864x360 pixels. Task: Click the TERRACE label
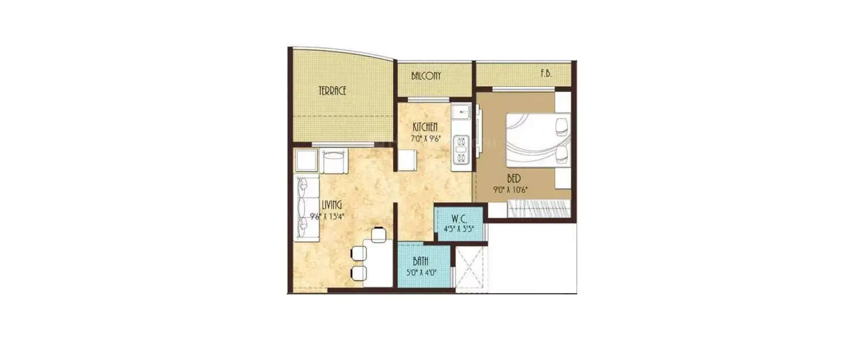333,90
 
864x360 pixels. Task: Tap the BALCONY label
426,76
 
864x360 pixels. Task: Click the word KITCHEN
425,127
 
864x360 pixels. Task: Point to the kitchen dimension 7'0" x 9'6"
425,139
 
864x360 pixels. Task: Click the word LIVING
332,205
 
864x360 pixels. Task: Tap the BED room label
514,179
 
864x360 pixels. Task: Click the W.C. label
459,219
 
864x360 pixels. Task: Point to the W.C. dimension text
459,229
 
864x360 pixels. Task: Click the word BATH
420,261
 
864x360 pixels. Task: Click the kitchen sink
461,110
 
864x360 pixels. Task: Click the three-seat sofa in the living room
307,208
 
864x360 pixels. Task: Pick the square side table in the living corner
306,161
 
